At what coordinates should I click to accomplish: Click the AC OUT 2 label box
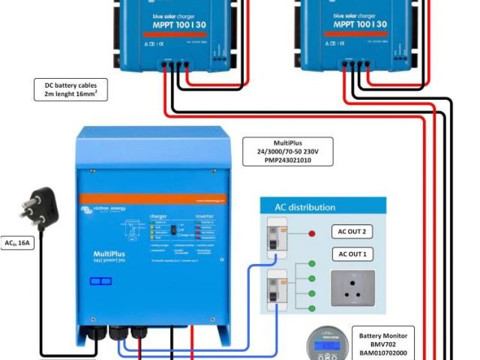tap(352, 232)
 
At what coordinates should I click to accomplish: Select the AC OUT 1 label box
tap(352, 255)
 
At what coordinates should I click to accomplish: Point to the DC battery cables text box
tap(70, 90)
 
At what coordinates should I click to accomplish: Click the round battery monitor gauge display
tap(327, 346)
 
